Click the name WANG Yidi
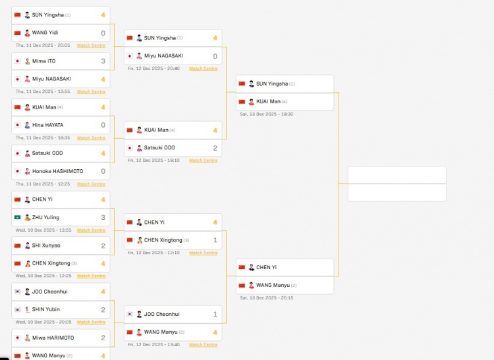pos(45,33)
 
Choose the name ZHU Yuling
pos(46,217)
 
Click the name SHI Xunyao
pos(45,245)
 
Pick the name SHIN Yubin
pos(45,309)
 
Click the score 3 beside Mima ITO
pos(103,61)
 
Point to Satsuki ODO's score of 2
pos(215,148)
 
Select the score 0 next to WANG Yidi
pos(103,33)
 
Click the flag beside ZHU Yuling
pos(17,217)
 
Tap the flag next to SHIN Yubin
pos(17,309)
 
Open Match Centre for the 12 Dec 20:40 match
pos(203,68)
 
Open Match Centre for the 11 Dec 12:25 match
pos(91,184)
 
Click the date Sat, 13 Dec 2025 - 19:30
pos(267,114)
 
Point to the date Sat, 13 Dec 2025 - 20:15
pos(267,297)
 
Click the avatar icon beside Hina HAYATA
pos(27,125)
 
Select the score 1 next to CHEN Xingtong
pos(215,240)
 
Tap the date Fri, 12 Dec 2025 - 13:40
pos(154,345)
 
